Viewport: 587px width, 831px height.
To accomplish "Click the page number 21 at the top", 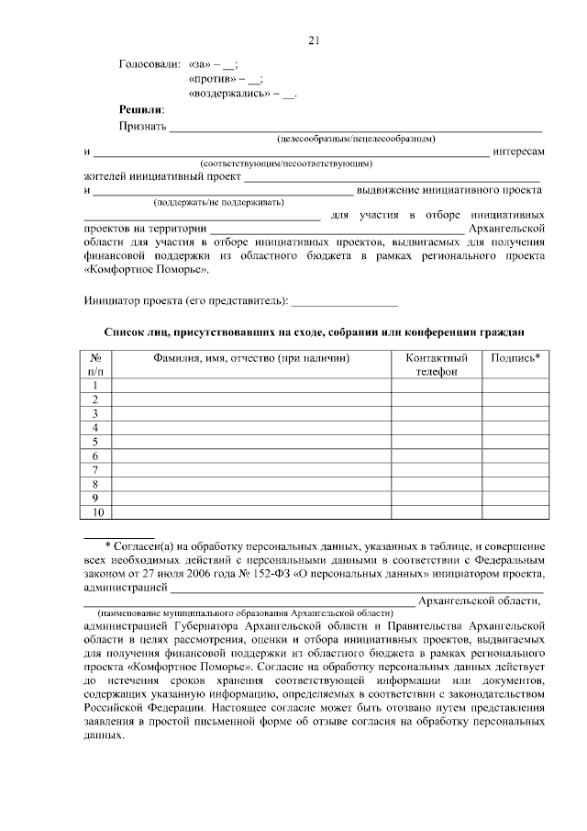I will (x=314, y=40).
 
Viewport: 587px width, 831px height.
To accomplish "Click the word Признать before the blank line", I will (x=142, y=126).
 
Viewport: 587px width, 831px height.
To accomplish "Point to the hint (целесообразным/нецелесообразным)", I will (x=356, y=139).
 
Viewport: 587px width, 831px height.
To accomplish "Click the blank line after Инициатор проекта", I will (x=344, y=300).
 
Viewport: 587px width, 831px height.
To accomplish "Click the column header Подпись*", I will (x=515, y=358).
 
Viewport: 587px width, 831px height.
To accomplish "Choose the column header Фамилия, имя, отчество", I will (x=251, y=358).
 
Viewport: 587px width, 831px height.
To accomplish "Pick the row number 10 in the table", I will (x=95, y=511).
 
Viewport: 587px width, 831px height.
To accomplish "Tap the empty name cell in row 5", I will (x=251, y=442).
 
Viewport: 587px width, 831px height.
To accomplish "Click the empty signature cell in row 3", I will (x=515, y=413).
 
